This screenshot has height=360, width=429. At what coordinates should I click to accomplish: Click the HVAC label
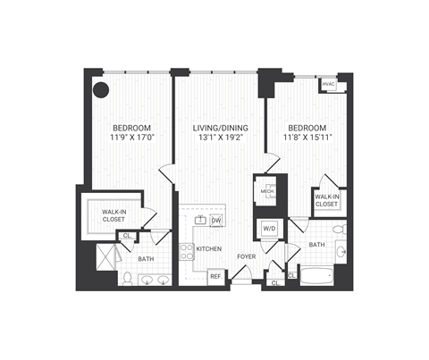click(328, 85)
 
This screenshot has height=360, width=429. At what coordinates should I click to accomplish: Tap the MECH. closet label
click(267, 190)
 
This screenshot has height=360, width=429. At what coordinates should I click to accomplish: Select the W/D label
click(268, 229)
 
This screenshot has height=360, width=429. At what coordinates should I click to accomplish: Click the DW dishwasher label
click(215, 220)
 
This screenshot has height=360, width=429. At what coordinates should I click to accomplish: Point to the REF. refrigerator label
click(215, 276)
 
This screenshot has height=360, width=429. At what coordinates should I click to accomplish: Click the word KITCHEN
click(208, 249)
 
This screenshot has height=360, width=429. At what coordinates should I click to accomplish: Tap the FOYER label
click(246, 257)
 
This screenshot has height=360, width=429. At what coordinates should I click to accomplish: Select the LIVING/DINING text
click(218, 128)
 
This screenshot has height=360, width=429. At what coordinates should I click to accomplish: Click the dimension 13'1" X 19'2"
click(218, 138)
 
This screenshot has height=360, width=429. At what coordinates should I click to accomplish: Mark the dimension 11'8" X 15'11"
click(306, 138)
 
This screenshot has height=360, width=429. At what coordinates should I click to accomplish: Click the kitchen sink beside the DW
click(199, 220)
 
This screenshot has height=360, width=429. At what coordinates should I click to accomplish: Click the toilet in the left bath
click(127, 278)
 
